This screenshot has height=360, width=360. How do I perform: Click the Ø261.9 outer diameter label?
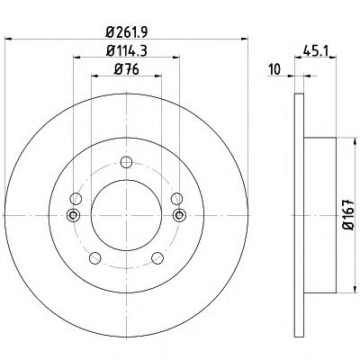pyautogui.click(x=127, y=31)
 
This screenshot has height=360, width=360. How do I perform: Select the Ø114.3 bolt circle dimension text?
pyautogui.click(x=127, y=50)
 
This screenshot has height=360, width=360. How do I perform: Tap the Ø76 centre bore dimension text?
pyautogui.click(x=127, y=69)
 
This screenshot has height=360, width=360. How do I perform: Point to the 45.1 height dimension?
pyautogui.click(x=316, y=50)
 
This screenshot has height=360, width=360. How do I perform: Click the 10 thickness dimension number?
pyautogui.click(x=274, y=69)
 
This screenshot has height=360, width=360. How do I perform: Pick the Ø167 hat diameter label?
pyautogui.click(x=348, y=215)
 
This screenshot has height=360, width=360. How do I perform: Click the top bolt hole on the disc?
pyautogui.click(x=126, y=162)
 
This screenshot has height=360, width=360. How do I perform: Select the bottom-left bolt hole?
pyautogui.click(x=94, y=258)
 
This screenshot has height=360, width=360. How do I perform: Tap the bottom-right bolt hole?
pyautogui.click(x=157, y=258)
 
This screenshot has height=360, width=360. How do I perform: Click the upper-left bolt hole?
pyautogui.click(x=76, y=199)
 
